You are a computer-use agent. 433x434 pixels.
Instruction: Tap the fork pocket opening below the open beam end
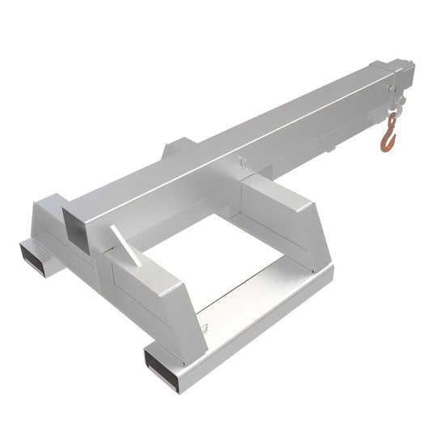click(33, 253)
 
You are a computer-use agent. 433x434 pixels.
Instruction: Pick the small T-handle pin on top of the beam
click(243, 163)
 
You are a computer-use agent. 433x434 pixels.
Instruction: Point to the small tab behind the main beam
click(176, 149)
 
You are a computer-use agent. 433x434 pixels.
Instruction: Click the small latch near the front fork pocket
click(208, 327)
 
